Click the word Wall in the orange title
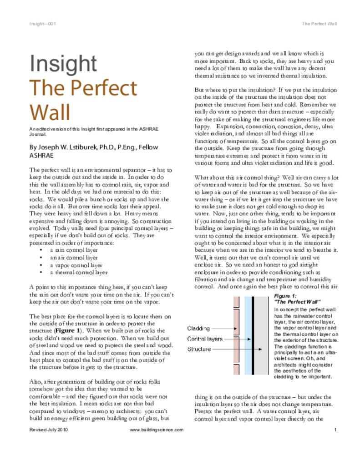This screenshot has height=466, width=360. click(x=50, y=112)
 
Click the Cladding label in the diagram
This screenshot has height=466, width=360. click(x=198, y=328)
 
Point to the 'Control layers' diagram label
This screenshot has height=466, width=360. click(x=205, y=339)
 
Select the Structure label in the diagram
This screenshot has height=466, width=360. click(x=199, y=349)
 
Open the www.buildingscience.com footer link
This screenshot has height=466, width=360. click(x=157, y=430)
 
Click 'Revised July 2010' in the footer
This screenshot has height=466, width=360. click(x=49, y=430)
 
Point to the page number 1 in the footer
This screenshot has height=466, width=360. click(x=335, y=430)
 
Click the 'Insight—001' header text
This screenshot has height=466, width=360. click(x=42, y=24)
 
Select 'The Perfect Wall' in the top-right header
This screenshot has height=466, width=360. click(x=319, y=24)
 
